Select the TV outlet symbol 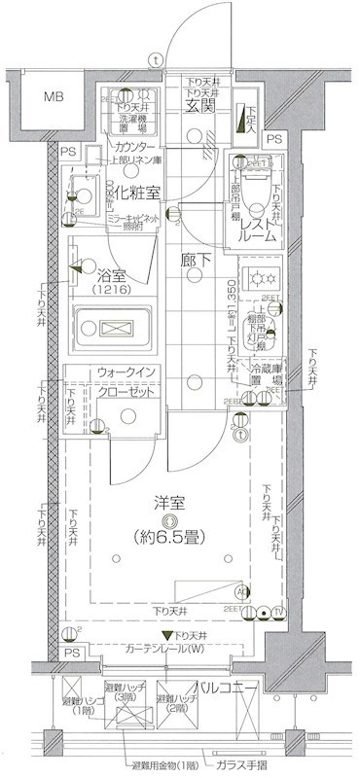click(x=278, y=612)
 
